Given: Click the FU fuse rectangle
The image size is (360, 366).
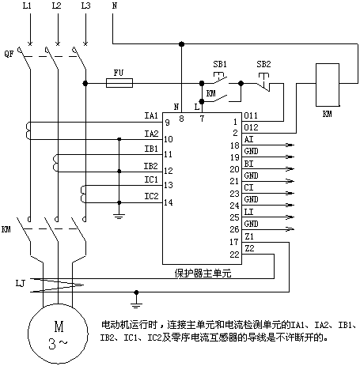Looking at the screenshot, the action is point(119,83).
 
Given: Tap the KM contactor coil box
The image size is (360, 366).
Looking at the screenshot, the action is point(328,85).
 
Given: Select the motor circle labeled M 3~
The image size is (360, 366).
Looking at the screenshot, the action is point(58,334).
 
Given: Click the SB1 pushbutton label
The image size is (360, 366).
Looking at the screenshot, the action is point(220,64).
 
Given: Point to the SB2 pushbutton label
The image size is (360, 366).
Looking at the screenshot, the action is point(263,64).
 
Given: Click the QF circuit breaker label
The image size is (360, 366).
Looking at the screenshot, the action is point(9,54).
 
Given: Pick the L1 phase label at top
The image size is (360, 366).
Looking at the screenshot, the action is point(27,6).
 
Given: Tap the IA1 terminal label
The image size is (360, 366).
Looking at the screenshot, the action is point(151,115).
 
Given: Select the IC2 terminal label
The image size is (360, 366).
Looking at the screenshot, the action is point(151,196).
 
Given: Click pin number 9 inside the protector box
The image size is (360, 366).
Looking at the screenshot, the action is point(168,123).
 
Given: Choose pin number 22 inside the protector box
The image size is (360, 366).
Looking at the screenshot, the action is point(234,255).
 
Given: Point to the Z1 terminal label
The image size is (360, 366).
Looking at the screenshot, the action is point(249,236).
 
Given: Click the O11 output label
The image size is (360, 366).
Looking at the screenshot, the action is point(251,115).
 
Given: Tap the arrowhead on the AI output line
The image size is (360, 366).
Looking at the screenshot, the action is point(290,145).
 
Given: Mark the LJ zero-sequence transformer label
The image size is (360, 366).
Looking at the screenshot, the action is point(21,284).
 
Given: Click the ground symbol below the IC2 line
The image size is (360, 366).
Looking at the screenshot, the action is point(119,217).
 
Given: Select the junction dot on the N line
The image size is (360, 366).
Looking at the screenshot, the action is point(181,43).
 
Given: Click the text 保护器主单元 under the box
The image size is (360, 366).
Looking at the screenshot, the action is point(203,274).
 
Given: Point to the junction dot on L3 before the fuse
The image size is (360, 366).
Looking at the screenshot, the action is point(85,83).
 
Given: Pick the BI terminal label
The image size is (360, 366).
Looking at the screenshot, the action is point(248,164).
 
